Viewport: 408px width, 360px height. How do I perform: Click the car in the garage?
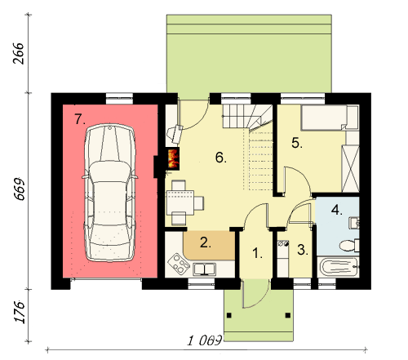(109, 193)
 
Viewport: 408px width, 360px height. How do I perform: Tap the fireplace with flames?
(173, 159)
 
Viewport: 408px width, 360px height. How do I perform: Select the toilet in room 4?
(349, 245)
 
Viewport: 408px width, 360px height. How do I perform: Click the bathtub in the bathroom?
(339, 267)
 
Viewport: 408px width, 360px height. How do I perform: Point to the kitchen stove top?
(178, 264)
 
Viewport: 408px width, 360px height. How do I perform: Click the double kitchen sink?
(205, 269)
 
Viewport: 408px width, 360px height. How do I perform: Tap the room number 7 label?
(80, 119)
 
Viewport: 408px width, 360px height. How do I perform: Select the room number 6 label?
(221, 158)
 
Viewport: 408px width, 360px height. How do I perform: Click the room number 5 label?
(297, 143)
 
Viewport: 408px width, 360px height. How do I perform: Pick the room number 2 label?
(206, 242)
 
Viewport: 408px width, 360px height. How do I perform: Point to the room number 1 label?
(257, 253)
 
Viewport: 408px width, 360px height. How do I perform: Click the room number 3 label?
(303, 250)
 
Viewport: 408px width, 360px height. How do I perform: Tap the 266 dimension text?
(19, 53)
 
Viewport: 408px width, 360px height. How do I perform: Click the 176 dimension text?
(19, 312)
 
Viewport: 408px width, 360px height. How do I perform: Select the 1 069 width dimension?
(205, 340)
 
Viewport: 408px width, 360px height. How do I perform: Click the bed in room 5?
(330, 118)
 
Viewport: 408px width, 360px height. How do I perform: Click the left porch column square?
(229, 315)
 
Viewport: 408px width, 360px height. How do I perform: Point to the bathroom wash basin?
(354, 223)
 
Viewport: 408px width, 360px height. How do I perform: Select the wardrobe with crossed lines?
(350, 169)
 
